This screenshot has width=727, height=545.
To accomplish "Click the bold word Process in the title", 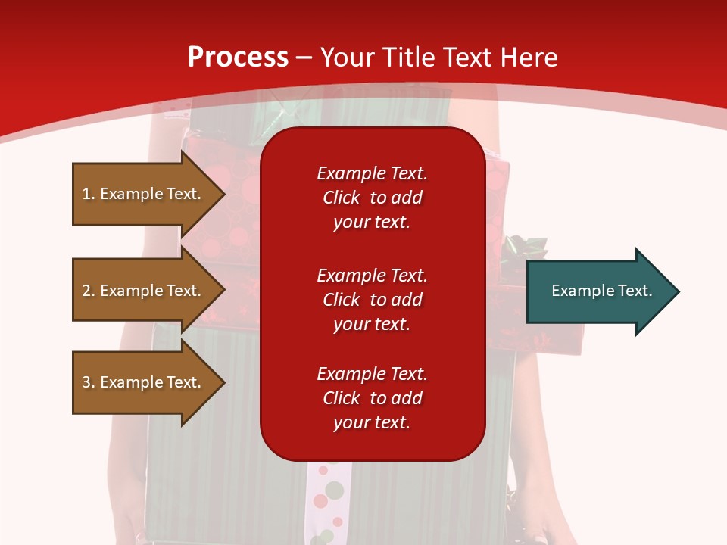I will click(238, 58).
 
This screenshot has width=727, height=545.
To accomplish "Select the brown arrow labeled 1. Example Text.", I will click(144, 194).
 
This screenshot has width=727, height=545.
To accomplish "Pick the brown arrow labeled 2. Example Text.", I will click(144, 291).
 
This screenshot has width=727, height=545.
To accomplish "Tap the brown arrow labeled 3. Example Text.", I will click(144, 382).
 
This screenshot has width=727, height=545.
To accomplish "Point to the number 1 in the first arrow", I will click(86, 194).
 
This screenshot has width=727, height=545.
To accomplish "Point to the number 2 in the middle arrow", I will click(86, 291).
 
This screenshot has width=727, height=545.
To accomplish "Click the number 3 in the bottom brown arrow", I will click(86, 382).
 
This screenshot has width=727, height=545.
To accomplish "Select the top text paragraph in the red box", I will click(372, 198).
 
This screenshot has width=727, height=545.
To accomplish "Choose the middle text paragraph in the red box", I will click(372, 300).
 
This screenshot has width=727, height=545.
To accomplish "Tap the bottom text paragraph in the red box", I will click(372, 398).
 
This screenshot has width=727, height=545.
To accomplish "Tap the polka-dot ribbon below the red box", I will click(326, 500).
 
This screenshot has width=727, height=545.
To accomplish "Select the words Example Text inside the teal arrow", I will click(601, 291).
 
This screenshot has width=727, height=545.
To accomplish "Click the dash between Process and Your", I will click(304, 58).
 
